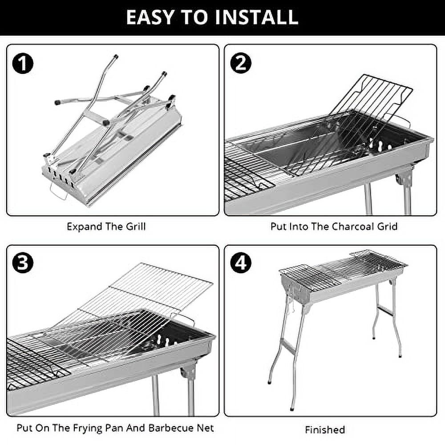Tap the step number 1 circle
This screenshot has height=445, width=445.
click(23, 64)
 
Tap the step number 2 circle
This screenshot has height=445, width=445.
click(241, 64)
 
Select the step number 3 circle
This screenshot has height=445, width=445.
click(23, 263)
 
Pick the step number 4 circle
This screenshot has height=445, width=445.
click(241, 263)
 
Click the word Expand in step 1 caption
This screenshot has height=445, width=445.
click(84, 227)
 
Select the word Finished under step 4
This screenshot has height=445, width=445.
click(325, 430)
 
